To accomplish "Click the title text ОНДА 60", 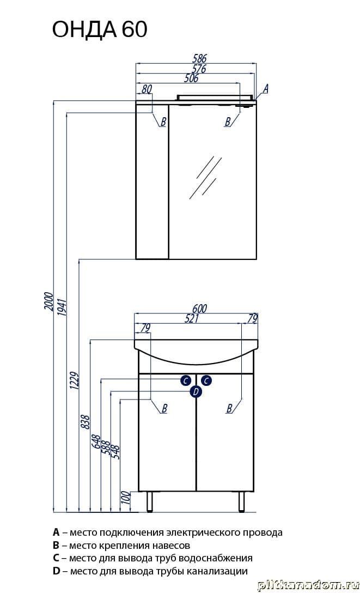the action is [x=99, y=29].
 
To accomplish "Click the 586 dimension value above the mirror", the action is [x=199, y=58].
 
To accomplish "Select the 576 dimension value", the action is [x=199, y=69].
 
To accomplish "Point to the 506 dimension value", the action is [x=191, y=78].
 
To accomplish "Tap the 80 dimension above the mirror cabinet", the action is [x=147, y=89].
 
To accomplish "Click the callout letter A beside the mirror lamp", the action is [x=266, y=89].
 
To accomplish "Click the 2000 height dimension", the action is [x=48, y=301].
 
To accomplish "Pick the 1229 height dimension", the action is [x=74, y=382].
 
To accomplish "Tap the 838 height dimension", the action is [x=86, y=422].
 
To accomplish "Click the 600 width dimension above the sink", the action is [x=199, y=308].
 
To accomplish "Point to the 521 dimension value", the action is [x=192, y=318].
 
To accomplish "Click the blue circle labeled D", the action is [x=196, y=392].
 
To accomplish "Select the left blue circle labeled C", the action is [x=186, y=380].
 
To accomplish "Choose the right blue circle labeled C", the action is [x=206, y=380].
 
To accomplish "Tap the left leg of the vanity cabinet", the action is [x=150, y=502].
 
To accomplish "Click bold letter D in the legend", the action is [x=56, y=571].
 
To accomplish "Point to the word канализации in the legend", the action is [x=221, y=571].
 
